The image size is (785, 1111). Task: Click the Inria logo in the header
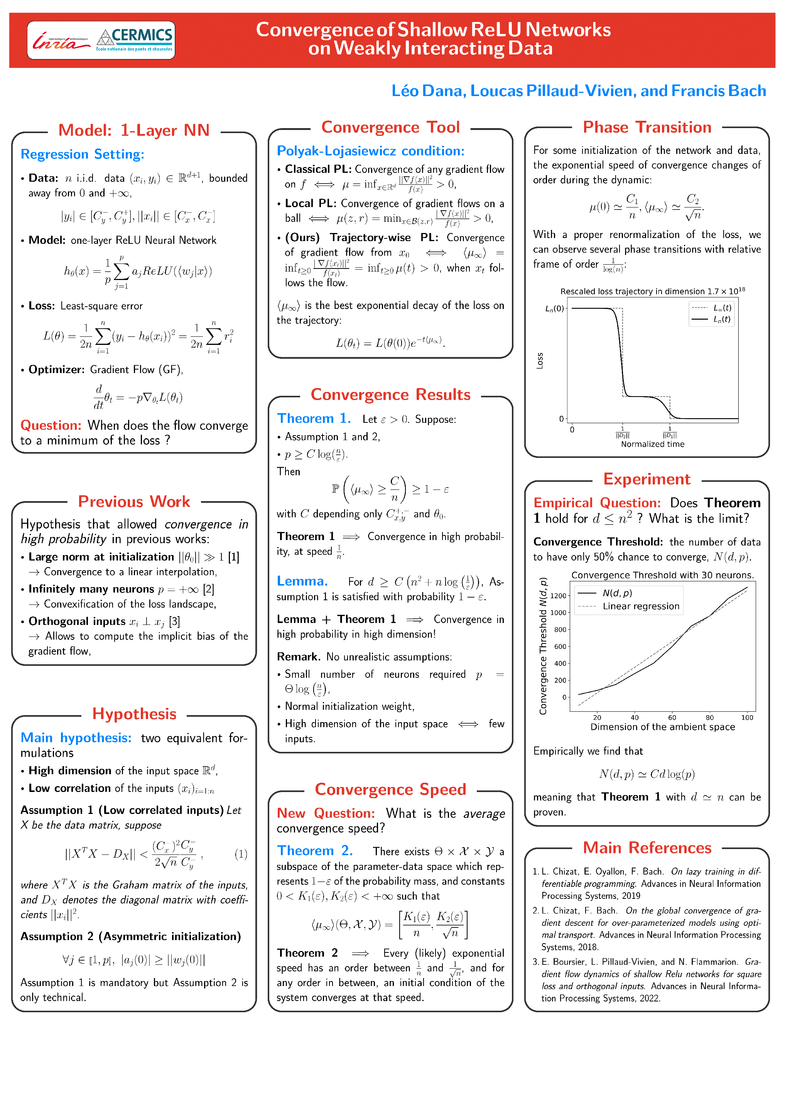(61, 42)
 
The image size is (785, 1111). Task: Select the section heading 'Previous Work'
(134, 501)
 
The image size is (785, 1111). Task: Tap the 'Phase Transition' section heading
(647, 127)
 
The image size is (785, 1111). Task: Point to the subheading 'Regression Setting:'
(82, 154)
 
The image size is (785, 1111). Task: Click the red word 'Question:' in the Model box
(51, 425)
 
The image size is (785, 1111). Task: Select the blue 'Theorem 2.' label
(315, 851)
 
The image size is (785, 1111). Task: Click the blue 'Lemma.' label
(302, 581)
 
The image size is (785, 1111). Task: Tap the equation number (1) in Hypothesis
(241, 854)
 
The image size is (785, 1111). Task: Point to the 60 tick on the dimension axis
(672, 718)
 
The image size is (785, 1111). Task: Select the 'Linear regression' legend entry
(640, 606)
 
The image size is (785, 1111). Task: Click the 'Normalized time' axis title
(652, 444)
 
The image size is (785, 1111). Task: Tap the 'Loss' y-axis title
(540, 360)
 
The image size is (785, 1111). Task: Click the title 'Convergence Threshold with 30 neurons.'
(662, 575)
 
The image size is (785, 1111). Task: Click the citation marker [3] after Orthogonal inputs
(174, 621)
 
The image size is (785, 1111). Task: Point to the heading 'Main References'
(647, 848)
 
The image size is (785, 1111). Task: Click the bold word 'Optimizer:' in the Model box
(56, 370)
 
